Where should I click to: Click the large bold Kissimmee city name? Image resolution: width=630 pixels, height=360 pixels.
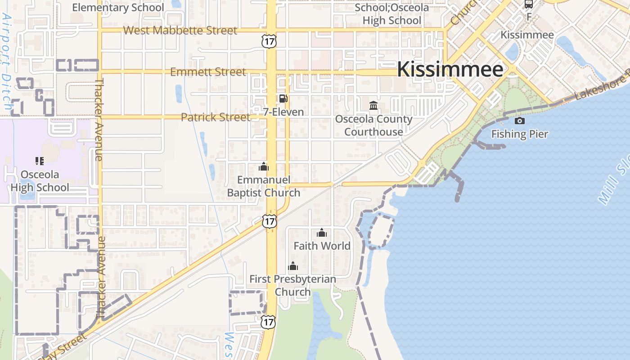[450, 70]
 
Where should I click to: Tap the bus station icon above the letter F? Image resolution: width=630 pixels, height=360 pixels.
[529, 4]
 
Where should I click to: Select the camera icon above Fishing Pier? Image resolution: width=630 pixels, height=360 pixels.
[520, 121]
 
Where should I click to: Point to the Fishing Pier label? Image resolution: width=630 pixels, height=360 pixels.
[520, 134]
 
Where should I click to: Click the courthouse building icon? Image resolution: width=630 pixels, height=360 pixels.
[373, 106]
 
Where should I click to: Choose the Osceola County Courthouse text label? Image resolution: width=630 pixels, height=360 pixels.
[373, 126]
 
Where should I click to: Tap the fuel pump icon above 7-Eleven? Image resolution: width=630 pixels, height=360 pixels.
[283, 99]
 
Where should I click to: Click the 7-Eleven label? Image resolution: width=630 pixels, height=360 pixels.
[283, 112]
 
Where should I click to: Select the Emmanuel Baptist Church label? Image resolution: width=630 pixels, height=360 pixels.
[264, 186]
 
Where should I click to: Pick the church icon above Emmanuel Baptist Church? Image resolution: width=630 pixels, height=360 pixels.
[264, 167]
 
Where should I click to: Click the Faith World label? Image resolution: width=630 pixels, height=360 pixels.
[322, 246]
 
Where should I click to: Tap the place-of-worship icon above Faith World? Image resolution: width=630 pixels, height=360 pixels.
[322, 233]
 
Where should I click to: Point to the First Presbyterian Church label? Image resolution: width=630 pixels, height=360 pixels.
[292, 285]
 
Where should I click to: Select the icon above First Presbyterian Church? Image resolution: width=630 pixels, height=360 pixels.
[293, 266]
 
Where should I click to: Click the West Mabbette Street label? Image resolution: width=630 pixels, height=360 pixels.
[180, 31]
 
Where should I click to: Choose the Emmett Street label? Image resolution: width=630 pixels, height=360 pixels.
[208, 72]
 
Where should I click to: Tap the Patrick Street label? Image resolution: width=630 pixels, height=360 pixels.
[215, 117]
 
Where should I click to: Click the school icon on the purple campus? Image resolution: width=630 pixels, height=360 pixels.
[40, 161]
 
